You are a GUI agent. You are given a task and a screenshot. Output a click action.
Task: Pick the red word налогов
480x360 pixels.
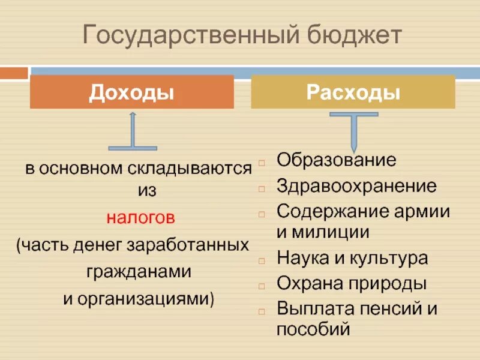142,217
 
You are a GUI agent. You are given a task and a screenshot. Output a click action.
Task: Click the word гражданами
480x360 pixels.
139,271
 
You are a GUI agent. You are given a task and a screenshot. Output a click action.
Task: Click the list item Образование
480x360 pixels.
336,160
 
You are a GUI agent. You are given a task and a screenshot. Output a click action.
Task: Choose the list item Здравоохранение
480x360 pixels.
356,186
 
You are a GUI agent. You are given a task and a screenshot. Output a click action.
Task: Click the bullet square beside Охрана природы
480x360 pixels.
262,285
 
